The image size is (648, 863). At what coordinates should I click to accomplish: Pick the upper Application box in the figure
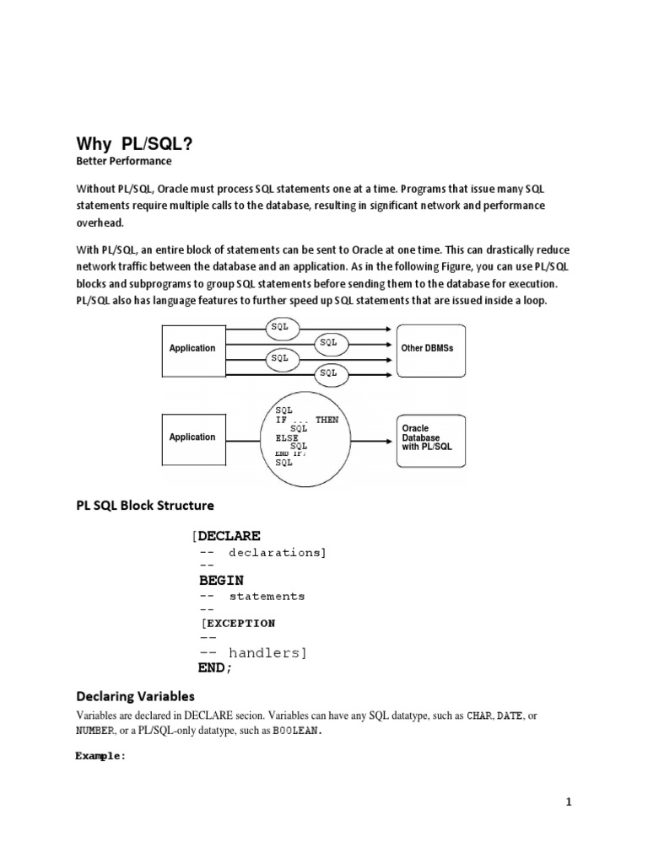[192, 348]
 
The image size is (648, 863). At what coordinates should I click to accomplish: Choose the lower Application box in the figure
[192, 437]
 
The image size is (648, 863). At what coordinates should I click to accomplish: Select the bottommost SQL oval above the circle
[328, 373]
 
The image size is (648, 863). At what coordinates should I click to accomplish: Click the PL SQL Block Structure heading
[145, 506]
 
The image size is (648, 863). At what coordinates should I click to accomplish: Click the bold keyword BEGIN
[221, 580]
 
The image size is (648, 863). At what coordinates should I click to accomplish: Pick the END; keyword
[214, 667]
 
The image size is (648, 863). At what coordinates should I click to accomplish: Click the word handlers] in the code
[269, 652]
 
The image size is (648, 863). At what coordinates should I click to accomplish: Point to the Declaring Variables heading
[135, 697]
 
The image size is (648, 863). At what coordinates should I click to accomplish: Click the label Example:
[100, 756]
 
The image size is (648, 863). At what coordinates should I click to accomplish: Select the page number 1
[569, 802]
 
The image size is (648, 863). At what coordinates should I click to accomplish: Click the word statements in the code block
[267, 596]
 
